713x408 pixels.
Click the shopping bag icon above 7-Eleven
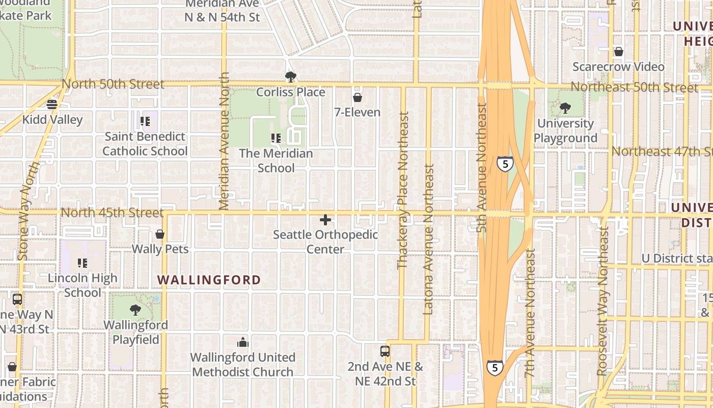(358, 97)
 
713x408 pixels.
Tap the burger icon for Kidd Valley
(52, 105)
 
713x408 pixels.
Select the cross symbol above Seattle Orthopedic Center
(325, 220)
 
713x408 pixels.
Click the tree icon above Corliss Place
(291, 77)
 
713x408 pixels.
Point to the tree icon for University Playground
(565, 108)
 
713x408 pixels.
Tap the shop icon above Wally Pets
(160, 235)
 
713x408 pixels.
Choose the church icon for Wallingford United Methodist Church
(243, 342)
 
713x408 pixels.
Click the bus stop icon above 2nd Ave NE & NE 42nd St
(385, 351)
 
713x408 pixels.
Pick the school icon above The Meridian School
(276, 138)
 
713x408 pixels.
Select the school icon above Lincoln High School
(83, 263)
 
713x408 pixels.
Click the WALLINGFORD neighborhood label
(209, 280)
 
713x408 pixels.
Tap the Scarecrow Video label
(618, 67)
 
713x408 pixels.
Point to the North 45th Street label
(112, 212)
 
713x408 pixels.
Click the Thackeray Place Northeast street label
(402, 190)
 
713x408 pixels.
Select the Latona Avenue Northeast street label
(428, 239)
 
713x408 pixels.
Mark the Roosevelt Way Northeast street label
(604, 301)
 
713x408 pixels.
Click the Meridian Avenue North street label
(224, 141)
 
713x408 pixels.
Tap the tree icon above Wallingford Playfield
(135, 310)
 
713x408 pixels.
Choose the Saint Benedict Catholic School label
(145, 144)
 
